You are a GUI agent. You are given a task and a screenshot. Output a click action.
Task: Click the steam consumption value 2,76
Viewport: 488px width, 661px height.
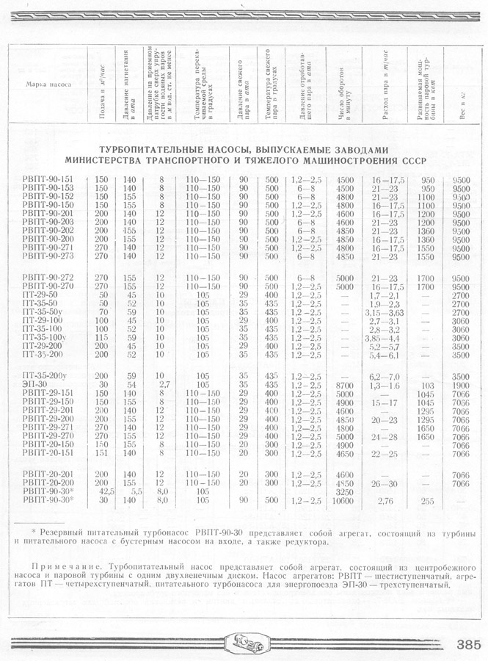click(x=385, y=501)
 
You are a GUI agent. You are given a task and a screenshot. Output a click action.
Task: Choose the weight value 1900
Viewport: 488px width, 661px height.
click(x=462, y=385)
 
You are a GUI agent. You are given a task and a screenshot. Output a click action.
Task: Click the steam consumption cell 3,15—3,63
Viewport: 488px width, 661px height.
click(x=385, y=312)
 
